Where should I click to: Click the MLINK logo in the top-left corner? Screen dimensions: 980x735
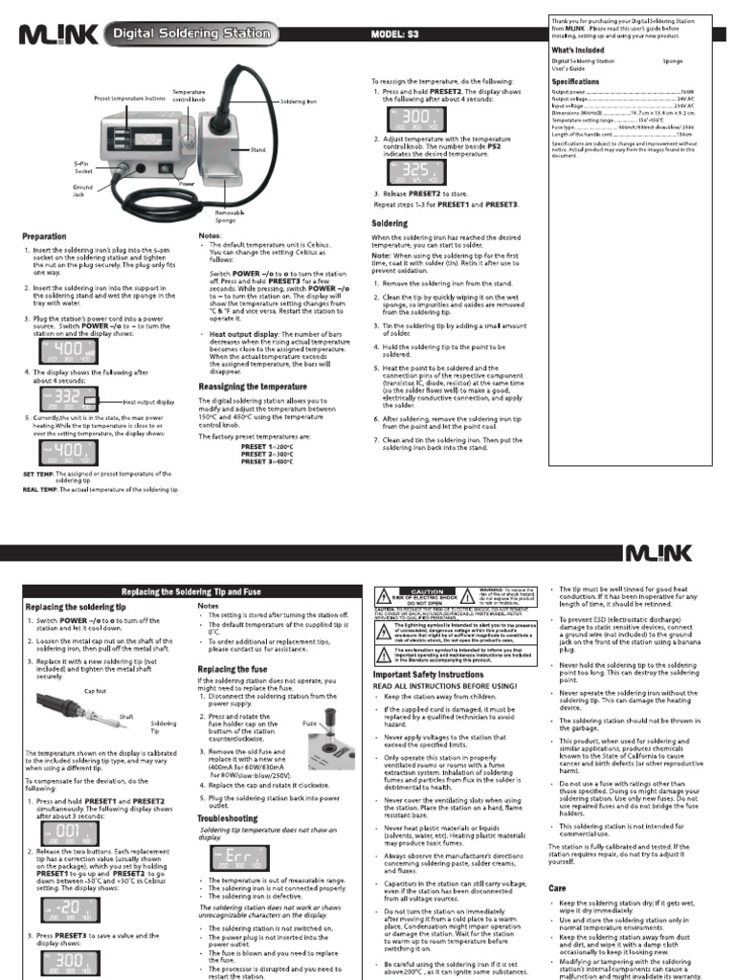tap(56, 35)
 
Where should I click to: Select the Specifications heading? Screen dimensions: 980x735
tap(575, 82)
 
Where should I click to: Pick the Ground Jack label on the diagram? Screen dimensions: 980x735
tap(82, 190)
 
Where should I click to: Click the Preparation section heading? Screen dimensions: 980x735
tap(45, 236)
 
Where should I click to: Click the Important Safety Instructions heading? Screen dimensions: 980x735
tap(428, 675)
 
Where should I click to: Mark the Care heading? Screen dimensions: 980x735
tap(557, 888)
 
